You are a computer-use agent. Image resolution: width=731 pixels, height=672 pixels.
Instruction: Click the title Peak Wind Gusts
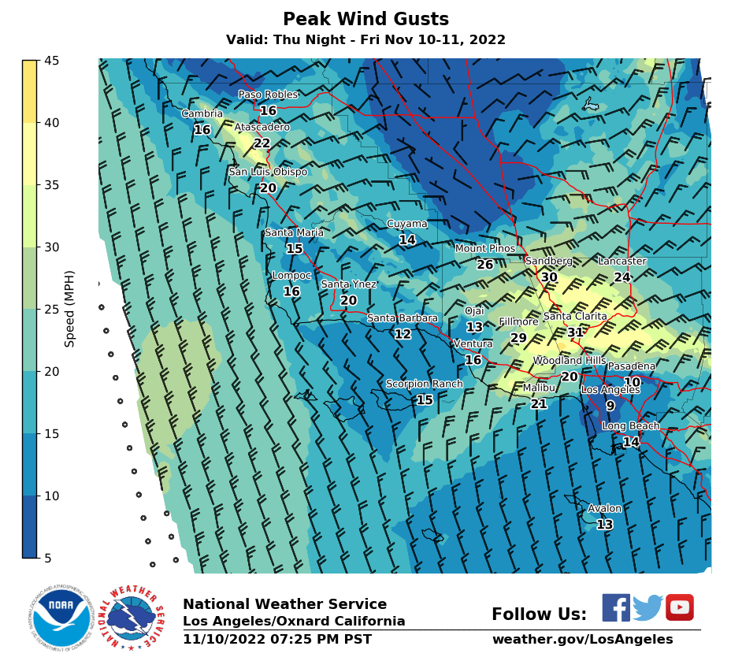tap(365, 20)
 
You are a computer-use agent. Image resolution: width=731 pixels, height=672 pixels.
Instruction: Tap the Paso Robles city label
tap(269, 95)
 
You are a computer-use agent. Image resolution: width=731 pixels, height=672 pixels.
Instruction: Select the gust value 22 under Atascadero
tap(262, 143)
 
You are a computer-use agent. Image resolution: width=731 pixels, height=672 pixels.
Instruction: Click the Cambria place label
tap(202, 113)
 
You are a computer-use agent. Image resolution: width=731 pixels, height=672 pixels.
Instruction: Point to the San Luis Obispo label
tap(268, 172)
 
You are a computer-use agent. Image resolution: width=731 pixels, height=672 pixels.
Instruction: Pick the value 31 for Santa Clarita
tap(576, 332)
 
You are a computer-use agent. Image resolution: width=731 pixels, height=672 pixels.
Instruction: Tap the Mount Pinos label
tap(485, 249)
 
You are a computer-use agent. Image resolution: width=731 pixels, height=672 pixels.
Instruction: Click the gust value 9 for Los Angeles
tap(610, 407)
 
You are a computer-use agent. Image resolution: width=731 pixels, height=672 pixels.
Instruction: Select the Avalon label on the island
tap(605, 509)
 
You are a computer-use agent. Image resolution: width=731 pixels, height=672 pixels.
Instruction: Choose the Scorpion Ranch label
tap(425, 384)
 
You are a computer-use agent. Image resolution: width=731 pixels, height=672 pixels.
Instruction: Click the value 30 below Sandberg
tap(549, 277)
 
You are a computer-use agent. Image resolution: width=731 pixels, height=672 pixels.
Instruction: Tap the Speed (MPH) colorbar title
tap(70, 309)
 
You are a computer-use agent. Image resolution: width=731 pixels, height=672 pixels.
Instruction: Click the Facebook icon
tap(616, 607)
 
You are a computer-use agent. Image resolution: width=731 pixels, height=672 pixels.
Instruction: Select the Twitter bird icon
tap(648, 607)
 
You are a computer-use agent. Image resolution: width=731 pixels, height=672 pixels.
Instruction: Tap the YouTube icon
tap(680, 607)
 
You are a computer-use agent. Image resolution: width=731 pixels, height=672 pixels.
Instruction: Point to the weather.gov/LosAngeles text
tap(582, 640)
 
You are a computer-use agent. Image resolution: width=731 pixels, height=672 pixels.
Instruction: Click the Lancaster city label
tap(622, 262)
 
